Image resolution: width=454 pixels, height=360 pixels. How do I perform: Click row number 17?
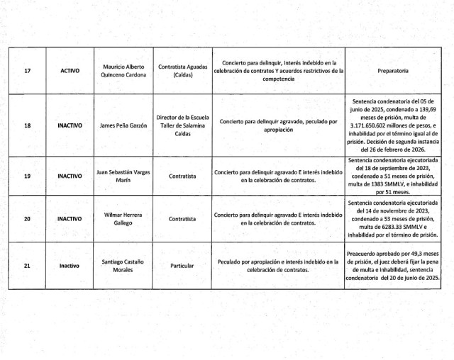[27, 71]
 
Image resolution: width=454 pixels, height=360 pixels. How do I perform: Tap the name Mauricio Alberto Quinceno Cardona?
[123, 71]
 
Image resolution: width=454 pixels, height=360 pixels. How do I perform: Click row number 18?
[27, 125]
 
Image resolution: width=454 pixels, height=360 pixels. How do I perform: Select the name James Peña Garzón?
[123, 125]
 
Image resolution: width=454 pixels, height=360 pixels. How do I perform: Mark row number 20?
[27, 219]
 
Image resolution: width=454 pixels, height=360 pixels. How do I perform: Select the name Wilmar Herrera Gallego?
[123, 219]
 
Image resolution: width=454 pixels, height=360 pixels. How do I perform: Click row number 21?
[27, 265]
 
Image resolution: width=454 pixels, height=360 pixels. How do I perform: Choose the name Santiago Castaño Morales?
[123, 265]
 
